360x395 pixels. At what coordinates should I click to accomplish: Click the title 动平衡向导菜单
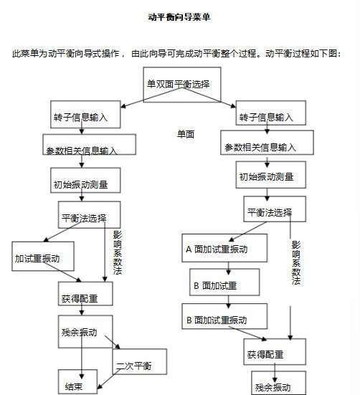(x=179, y=17)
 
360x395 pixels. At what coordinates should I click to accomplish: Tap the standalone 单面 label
(x=186, y=134)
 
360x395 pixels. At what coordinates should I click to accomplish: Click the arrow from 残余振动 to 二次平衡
(x=113, y=342)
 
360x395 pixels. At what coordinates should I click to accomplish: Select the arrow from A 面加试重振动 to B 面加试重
(x=229, y=268)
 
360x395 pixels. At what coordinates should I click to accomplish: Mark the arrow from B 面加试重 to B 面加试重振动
(x=229, y=302)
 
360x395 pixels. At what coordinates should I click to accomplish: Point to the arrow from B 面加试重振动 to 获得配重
(x=247, y=333)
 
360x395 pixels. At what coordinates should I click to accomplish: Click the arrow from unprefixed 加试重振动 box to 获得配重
(x=62, y=272)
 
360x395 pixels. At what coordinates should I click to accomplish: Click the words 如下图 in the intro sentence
(x=324, y=53)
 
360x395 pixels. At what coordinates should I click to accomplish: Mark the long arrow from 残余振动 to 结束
(x=81, y=356)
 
